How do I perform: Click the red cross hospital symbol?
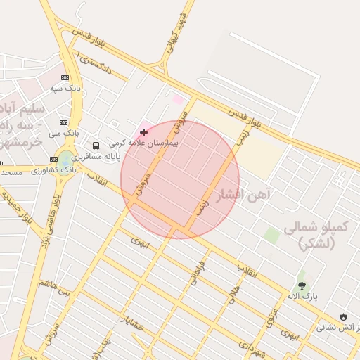pyautogui.click(x=144, y=132)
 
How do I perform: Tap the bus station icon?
pyautogui.click(x=96, y=146)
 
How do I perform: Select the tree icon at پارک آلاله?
pyautogui.click(x=302, y=285)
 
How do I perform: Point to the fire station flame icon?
pyautogui.click(x=343, y=317)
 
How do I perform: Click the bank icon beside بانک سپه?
pyautogui.click(x=65, y=78)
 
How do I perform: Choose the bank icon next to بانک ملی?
pyautogui.click(x=63, y=122)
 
